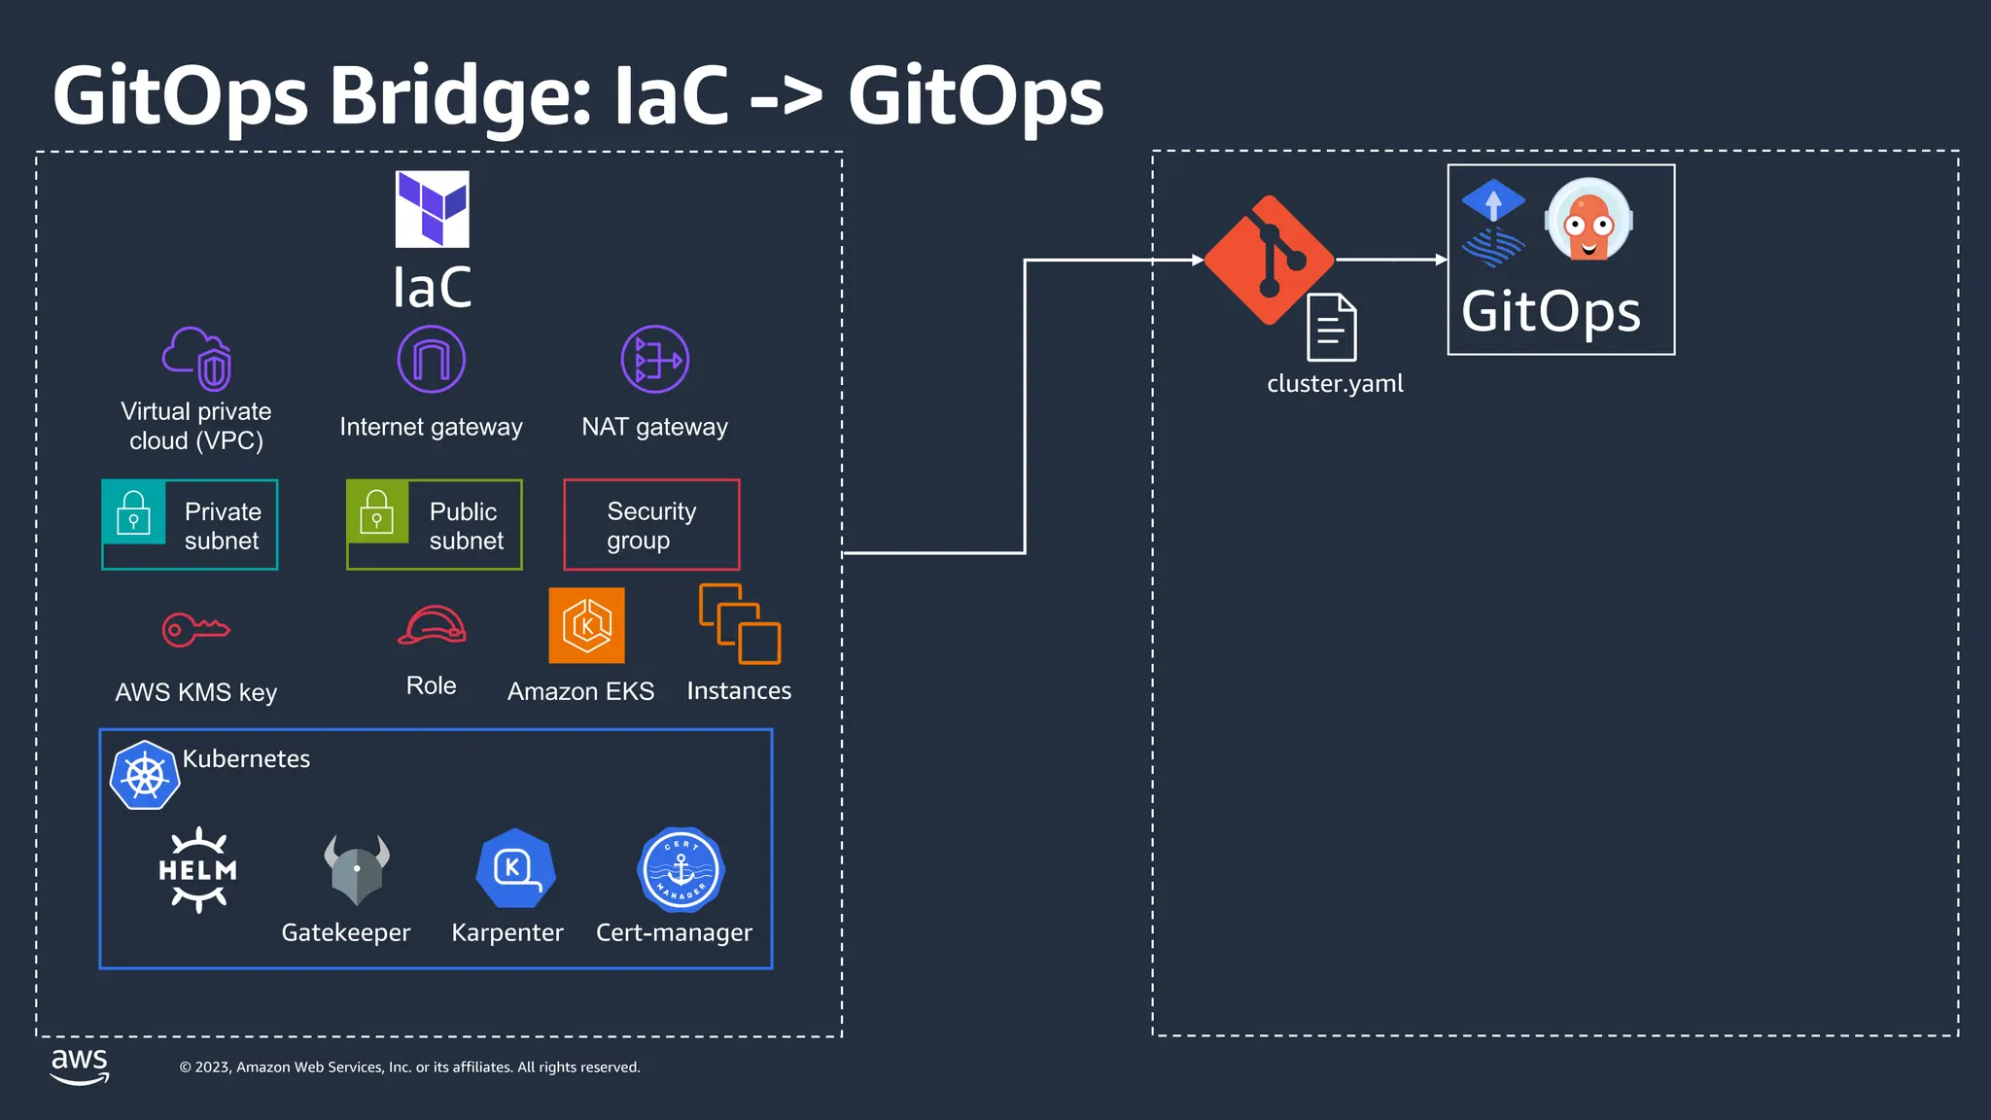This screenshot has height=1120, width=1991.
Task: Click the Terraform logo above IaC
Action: [432, 209]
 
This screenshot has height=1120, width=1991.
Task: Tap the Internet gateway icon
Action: [431, 360]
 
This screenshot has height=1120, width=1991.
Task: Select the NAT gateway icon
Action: [655, 360]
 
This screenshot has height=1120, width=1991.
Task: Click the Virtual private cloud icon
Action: [197, 358]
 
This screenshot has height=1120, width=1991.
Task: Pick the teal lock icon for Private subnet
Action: [134, 512]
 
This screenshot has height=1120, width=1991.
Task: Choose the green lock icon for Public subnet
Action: [377, 512]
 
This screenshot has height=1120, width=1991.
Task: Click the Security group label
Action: [651, 525]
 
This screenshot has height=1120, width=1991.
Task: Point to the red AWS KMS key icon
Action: [195, 629]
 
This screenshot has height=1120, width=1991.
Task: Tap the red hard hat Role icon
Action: [432, 625]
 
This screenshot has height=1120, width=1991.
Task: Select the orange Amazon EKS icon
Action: [586, 626]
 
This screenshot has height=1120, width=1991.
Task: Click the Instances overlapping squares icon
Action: [739, 624]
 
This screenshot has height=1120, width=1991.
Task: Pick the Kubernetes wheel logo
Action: [145, 775]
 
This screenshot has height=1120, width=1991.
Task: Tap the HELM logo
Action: [198, 869]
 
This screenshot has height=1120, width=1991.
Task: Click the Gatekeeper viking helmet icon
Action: [357, 868]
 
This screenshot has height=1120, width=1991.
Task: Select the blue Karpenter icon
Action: [515, 868]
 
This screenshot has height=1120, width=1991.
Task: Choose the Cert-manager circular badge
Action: [681, 869]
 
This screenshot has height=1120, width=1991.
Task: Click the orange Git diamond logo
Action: [1269, 261]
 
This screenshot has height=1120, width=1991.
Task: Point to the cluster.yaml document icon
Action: [1332, 328]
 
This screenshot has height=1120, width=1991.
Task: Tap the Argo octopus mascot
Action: [1589, 221]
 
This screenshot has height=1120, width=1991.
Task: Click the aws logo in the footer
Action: [80, 1066]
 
